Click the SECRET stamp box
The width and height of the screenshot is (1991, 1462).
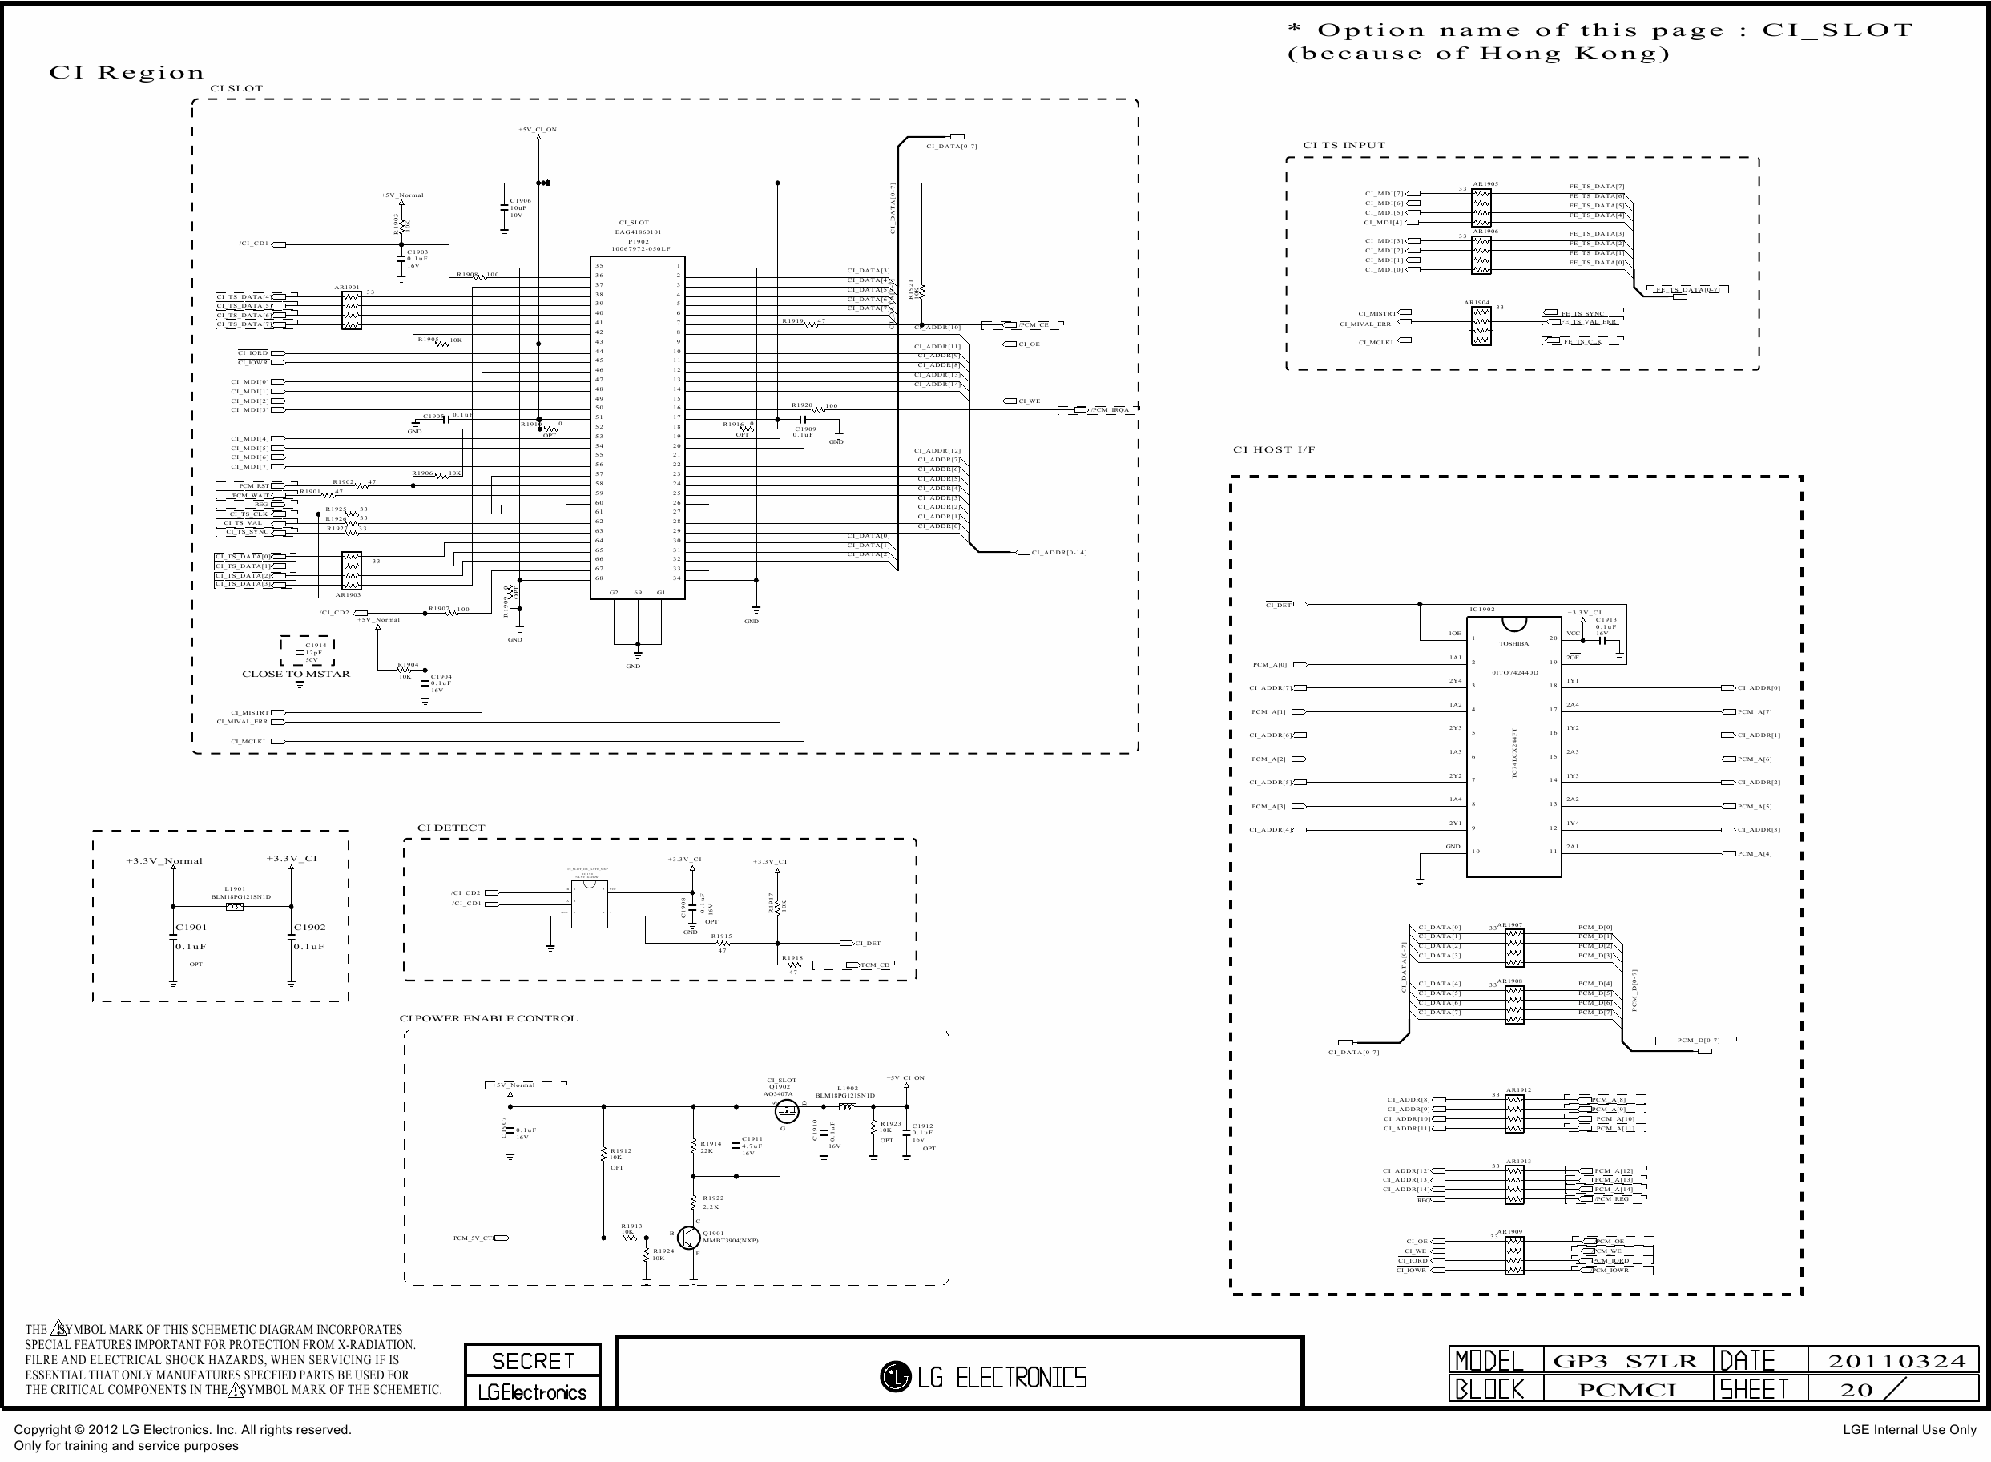533,1360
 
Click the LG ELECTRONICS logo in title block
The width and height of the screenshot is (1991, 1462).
983,1377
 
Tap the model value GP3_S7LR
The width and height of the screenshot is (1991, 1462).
1626,1361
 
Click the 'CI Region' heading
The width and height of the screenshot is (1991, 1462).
126,73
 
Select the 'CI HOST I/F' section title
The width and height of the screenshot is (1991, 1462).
1273,449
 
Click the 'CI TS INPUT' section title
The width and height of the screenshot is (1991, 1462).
1344,145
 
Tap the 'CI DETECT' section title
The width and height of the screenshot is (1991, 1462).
450,828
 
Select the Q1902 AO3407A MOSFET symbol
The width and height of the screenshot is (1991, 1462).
786,1112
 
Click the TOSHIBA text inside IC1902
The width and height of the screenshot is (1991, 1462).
1513,643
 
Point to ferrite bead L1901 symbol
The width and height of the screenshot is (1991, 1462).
235,906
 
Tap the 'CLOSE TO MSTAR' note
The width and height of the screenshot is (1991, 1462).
296,674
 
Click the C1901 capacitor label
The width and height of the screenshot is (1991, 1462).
191,928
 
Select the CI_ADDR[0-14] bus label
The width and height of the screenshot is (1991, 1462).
1058,552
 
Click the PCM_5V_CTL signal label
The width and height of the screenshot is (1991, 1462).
474,1238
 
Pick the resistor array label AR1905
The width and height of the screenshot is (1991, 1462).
1485,184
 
